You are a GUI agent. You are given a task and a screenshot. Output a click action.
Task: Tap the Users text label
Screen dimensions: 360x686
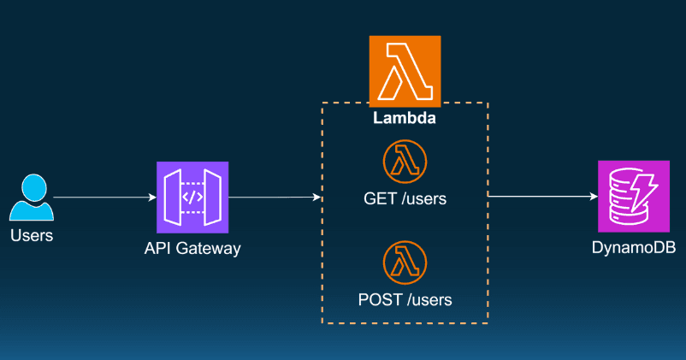[31, 235]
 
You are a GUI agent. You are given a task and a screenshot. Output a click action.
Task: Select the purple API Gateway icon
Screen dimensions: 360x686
[192, 197]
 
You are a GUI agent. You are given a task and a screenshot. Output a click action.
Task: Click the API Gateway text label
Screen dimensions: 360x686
[192, 249]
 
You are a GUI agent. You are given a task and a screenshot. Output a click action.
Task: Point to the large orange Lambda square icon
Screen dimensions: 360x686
[405, 71]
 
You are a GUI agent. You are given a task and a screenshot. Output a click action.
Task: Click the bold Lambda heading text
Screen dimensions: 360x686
[405, 119]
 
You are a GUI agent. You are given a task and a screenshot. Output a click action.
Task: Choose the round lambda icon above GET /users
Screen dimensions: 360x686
[405, 162]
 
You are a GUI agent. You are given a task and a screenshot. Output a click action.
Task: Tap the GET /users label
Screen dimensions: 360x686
[405, 199]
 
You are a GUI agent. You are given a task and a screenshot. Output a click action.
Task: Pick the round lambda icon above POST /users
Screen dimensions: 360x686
[405, 263]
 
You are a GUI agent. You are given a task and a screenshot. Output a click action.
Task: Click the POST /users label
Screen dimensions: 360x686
[405, 299]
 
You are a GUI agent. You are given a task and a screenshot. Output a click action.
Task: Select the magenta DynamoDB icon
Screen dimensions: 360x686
[634, 197]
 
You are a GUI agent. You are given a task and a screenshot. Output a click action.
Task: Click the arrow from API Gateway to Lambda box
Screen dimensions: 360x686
[274, 198]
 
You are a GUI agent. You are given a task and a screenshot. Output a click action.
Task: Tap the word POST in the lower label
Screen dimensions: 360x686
[377, 299]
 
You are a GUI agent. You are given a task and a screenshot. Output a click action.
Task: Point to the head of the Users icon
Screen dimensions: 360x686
[32, 185]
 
